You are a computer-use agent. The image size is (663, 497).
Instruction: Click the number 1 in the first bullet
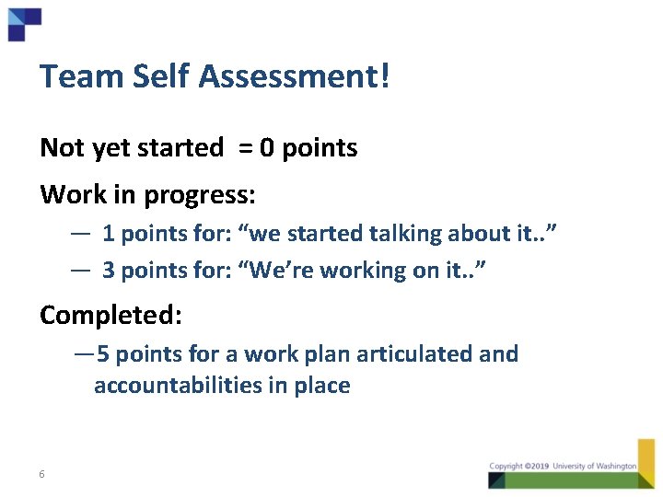(x=108, y=234)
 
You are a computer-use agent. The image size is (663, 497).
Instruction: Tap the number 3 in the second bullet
(x=109, y=271)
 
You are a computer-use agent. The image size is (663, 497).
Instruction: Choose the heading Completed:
(x=111, y=315)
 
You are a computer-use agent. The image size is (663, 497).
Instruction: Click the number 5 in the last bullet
(x=103, y=354)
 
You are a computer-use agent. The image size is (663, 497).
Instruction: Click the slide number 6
(x=42, y=474)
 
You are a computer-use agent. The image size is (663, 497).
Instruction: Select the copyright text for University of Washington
(x=563, y=467)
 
